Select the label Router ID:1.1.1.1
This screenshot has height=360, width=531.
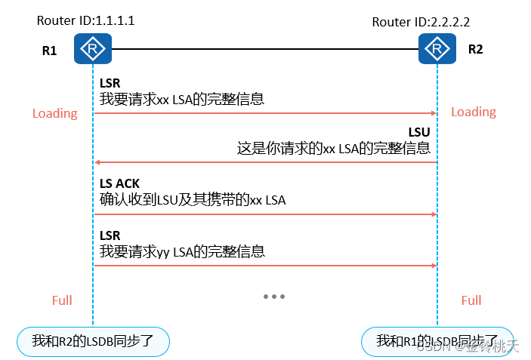(x=85, y=20)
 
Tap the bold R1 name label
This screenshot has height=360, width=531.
(x=49, y=52)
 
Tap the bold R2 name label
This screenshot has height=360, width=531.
(x=475, y=51)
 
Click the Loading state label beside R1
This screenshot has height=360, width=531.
(x=54, y=113)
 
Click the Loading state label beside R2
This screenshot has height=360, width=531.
(x=474, y=112)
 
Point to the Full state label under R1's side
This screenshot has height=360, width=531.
(x=62, y=300)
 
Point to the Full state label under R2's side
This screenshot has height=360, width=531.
(x=471, y=300)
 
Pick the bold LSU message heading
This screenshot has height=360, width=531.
(x=418, y=132)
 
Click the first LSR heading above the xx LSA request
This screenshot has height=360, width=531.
(x=110, y=82)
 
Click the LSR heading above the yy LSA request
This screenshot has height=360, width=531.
(x=110, y=235)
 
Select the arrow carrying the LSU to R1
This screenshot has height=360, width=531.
(x=264, y=162)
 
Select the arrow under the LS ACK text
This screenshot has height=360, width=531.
(x=264, y=214)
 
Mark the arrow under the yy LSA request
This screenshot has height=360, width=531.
(x=264, y=266)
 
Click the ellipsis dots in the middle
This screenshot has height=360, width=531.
(x=274, y=297)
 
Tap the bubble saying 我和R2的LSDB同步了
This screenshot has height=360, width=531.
(x=93, y=341)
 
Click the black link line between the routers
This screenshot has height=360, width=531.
(x=264, y=50)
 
